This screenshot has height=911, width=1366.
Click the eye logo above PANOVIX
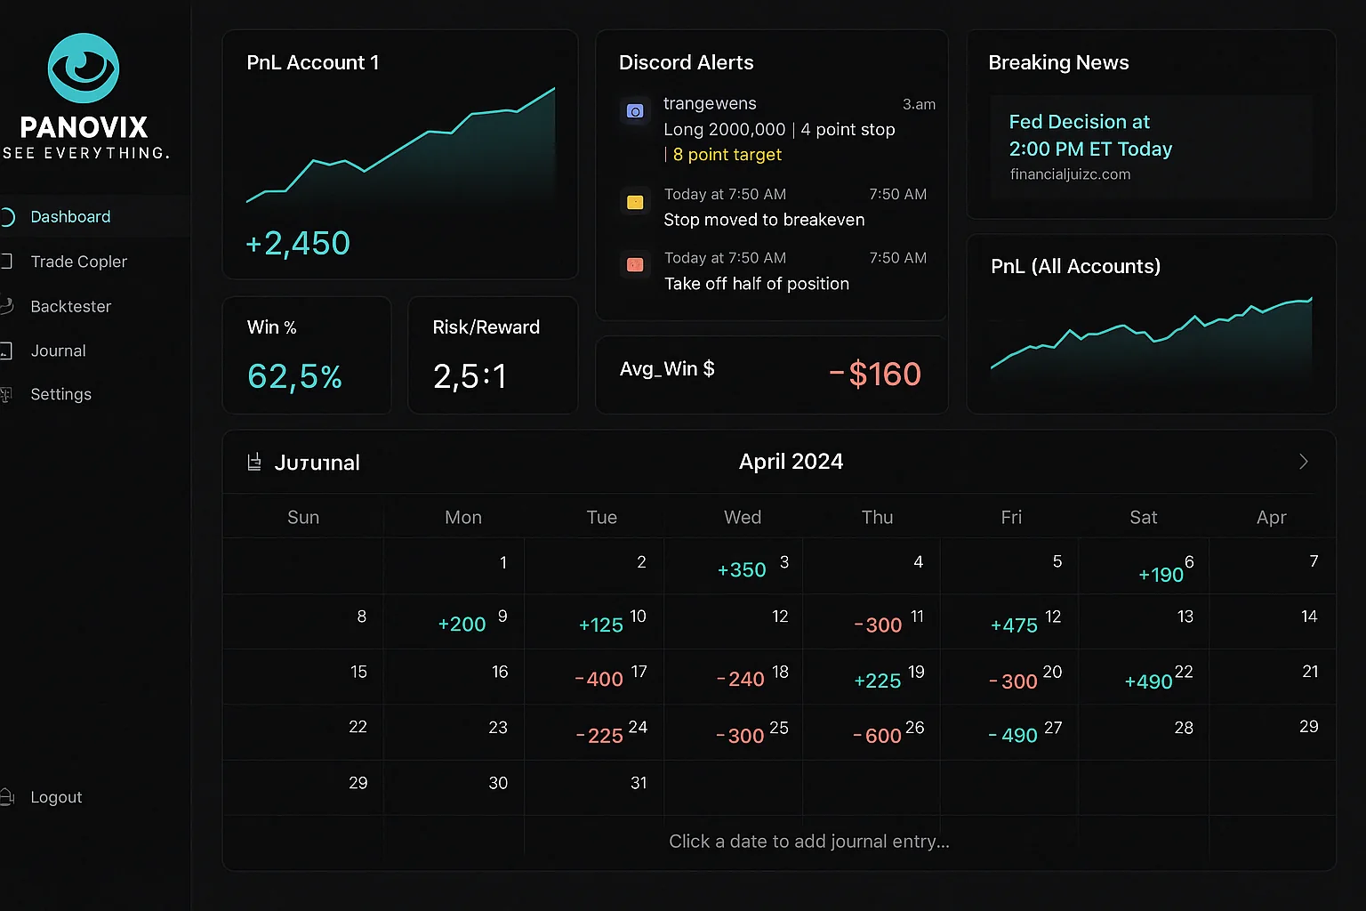(x=84, y=69)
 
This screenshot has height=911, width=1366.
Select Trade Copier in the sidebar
(x=78, y=262)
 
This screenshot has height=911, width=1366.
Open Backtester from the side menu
(x=70, y=306)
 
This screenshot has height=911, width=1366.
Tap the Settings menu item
(x=60, y=394)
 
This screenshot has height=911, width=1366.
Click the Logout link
(x=56, y=797)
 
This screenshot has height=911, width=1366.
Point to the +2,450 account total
(x=298, y=243)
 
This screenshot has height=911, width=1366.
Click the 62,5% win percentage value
(x=294, y=376)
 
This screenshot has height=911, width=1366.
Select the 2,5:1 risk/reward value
(x=470, y=376)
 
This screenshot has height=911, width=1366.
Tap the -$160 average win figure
(x=875, y=374)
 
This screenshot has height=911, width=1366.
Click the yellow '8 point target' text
(x=727, y=155)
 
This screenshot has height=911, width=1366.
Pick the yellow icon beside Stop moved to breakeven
(x=635, y=202)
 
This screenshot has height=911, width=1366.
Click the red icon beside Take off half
(x=635, y=264)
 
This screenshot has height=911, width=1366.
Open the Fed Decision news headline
(x=1090, y=135)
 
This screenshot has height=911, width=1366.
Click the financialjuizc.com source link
(x=1070, y=174)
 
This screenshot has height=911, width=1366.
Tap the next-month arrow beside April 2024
(x=1303, y=462)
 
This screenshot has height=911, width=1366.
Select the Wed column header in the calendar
(x=743, y=518)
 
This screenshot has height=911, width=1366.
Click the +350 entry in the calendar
(x=742, y=570)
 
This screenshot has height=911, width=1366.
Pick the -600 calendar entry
(x=877, y=736)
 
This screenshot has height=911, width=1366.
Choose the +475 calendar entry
(x=1014, y=625)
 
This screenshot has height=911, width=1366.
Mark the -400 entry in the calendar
(x=599, y=680)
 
